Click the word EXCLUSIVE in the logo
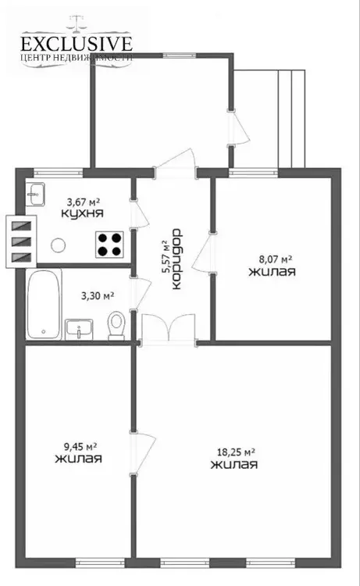click(77, 44)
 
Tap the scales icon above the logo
click(77, 23)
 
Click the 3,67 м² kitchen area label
click(84, 202)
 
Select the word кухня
click(82, 214)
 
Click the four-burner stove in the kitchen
click(109, 245)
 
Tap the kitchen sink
click(36, 194)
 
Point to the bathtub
click(44, 304)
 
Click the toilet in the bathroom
click(116, 326)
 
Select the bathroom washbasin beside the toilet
click(79, 329)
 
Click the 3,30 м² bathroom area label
click(98, 296)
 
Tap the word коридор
click(176, 259)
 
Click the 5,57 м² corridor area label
click(166, 258)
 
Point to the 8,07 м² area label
click(275, 259)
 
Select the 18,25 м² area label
click(236, 452)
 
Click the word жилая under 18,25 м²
click(234, 465)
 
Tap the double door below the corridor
click(168, 328)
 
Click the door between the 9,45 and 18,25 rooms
click(142, 453)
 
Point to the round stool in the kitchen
click(59, 245)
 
